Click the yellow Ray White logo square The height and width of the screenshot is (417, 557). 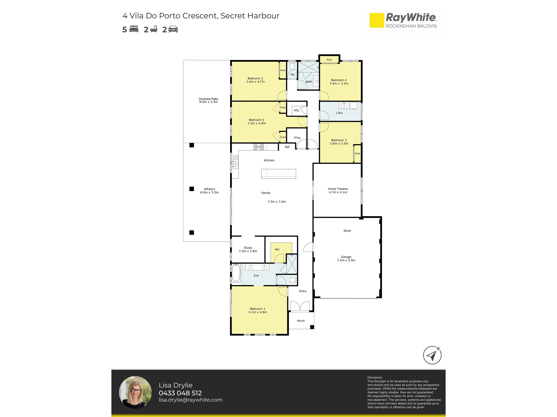coord(377,20)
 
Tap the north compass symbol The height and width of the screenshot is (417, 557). coord(432,355)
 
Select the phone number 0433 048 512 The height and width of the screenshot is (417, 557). coord(180,393)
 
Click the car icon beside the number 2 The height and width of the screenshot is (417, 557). coord(173,29)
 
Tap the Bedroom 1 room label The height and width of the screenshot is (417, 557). coord(258,309)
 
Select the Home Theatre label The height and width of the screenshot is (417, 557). coord(338,189)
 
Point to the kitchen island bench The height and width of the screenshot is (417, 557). coord(278,174)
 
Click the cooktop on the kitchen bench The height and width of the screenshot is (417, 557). coord(259,147)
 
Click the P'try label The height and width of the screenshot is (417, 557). coord(297,138)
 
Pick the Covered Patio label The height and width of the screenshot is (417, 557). coord(208,99)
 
